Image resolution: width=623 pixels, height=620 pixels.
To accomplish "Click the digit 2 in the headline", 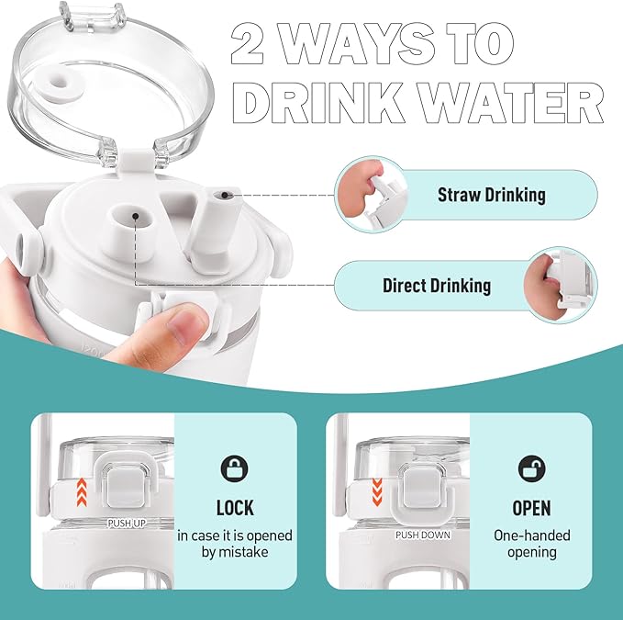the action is click(x=247, y=43).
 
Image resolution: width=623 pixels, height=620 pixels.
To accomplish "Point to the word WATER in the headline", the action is click(x=511, y=103).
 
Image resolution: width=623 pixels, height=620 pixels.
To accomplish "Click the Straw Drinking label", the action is click(x=492, y=195).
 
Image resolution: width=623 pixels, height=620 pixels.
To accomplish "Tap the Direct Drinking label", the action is click(x=437, y=286).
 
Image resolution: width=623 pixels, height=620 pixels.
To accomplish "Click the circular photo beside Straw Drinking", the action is click(x=372, y=194).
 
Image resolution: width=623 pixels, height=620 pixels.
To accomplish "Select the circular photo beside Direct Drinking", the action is click(x=561, y=285).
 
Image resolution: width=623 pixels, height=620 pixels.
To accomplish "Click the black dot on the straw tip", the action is click(x=225, y=195).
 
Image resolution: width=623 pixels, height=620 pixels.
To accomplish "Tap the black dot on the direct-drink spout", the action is click(x=136, y=216).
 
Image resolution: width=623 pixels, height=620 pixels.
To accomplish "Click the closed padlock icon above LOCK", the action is click(x=234, y=468).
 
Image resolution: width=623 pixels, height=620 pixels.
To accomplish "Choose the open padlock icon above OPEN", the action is click(x=531, y=468).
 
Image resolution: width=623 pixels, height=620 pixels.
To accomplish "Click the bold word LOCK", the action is click(x=235, y=508).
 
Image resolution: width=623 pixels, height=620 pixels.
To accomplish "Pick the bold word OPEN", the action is click(x=531, y=508).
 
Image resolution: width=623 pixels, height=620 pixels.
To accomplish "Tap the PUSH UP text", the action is click(x=127, y=524).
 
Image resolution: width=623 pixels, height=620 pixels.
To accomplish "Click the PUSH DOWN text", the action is click(x=423, y=535).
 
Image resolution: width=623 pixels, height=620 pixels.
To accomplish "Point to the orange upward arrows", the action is click(x=82, y=492).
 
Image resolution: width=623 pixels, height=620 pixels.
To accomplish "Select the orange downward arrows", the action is click(x=377, y=492).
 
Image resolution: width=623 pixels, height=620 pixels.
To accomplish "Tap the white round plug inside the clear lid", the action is click(x=60, y=87).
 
